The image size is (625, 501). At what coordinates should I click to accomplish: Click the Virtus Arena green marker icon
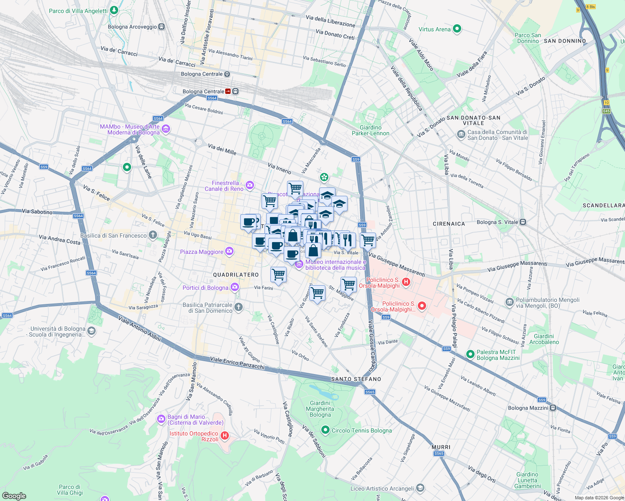[457, 29]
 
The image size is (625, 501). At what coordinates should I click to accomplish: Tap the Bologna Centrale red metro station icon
[228, 91]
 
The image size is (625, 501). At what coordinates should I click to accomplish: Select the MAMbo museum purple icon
[166, 129]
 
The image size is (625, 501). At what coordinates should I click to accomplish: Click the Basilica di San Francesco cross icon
[153, 235]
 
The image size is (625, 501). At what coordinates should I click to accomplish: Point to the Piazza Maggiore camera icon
[229, 251]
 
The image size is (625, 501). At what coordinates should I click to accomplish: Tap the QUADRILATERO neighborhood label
[236, 275]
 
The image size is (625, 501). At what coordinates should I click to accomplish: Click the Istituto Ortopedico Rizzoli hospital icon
[224, 436]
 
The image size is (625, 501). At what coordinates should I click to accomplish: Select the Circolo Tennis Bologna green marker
[325, 430]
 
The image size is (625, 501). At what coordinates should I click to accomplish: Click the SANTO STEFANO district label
[356, 379]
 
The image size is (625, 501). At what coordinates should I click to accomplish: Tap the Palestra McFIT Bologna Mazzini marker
[470, 354]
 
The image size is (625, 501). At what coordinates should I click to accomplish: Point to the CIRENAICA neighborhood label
[449, 224]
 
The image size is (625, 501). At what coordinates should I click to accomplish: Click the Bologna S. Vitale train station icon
[523, 222]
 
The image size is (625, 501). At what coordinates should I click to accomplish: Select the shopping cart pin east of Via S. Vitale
[368, 240]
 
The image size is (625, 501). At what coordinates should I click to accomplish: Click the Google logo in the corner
[14, 496]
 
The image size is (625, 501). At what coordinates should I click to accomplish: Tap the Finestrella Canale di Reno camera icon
[250, 185]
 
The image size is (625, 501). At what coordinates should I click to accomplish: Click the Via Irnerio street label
[279, 169]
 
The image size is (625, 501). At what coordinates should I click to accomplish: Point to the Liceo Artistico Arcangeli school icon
[420, 488]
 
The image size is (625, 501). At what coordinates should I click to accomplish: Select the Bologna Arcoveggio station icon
[161, 27]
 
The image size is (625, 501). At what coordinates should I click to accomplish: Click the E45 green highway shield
[607, 111]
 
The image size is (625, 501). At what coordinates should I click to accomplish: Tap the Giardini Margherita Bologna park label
[320, 409]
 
